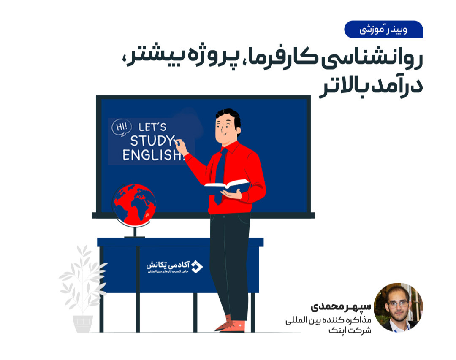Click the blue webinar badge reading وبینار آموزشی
pos(383,30)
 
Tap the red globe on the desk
pos(134,203)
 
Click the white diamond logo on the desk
pos(197,266)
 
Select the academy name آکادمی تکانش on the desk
pos(167,265)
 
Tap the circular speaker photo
pos(398,307)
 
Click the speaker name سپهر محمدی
pos(341,306)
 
